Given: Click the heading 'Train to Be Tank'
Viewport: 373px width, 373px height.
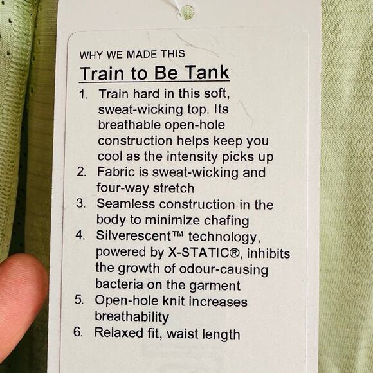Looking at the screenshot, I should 154,73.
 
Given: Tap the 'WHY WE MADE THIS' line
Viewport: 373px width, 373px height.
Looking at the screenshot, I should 132,54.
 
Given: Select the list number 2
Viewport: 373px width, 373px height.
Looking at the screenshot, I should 82,172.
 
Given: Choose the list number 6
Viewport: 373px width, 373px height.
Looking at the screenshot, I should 79,333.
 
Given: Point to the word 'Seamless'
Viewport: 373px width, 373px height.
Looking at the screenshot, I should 125,205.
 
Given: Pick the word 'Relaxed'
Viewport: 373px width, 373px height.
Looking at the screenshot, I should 120,333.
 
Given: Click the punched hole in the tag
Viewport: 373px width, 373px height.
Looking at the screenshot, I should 187,11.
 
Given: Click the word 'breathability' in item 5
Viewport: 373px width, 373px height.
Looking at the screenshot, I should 132,316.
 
